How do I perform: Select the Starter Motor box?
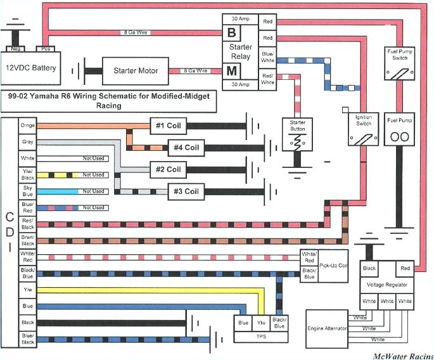click(135, 70)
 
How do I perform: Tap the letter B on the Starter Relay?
click(231, 32)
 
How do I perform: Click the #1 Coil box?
click(168, 124)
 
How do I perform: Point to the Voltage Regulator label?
click(387, 285)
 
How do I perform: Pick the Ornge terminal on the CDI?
click(27, 125)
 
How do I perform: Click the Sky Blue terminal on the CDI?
click(27, 191)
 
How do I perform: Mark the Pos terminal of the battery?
click(46, 48)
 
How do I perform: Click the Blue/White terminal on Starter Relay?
click(268, 57)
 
